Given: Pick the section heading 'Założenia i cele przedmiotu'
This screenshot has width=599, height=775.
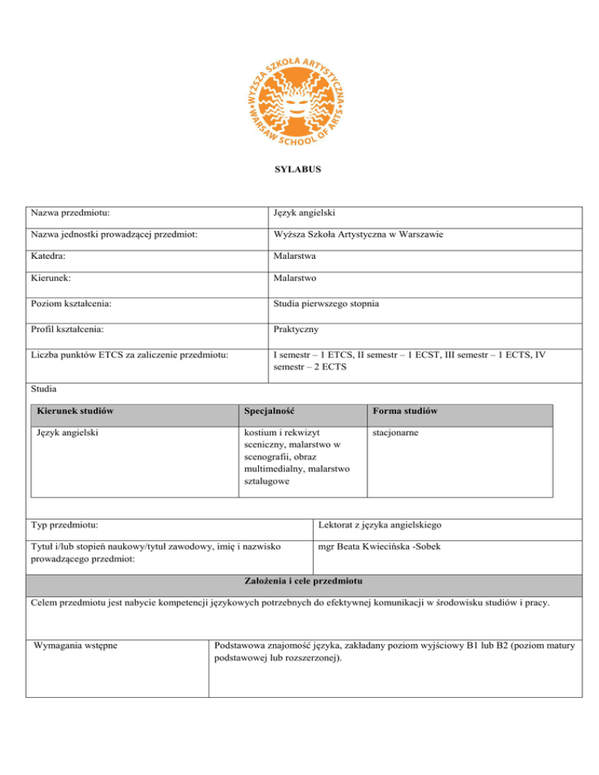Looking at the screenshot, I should click(299, 582).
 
